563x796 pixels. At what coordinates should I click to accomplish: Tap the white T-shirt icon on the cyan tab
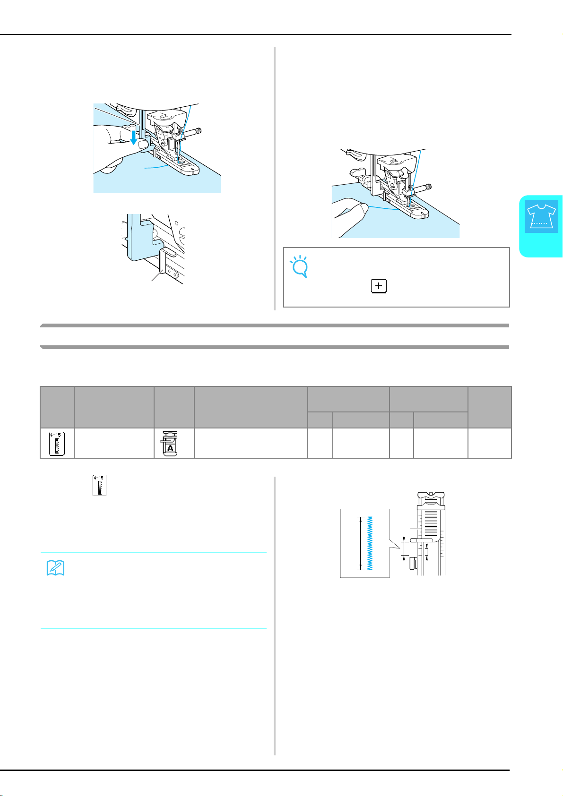541,216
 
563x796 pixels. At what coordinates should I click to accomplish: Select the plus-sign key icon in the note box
379,286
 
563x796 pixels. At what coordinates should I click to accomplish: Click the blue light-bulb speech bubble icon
299,266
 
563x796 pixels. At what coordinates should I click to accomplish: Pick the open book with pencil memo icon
55,567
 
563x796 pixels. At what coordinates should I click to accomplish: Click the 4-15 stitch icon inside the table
57,444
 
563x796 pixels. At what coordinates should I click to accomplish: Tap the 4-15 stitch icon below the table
100,485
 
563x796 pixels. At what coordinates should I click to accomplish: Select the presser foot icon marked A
170,444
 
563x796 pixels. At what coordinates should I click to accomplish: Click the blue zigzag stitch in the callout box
370,543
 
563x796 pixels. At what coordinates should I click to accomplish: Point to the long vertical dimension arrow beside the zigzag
361,543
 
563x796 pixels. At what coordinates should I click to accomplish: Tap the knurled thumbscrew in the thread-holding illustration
429,187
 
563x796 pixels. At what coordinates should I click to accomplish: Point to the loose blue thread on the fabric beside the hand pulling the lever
156,166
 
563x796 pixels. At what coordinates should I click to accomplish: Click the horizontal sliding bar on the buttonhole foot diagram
422,540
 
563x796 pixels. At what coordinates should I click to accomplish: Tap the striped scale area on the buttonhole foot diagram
431,522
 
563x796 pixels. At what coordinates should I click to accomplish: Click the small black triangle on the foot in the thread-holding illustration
422,213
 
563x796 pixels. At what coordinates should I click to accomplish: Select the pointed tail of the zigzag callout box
395,544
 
